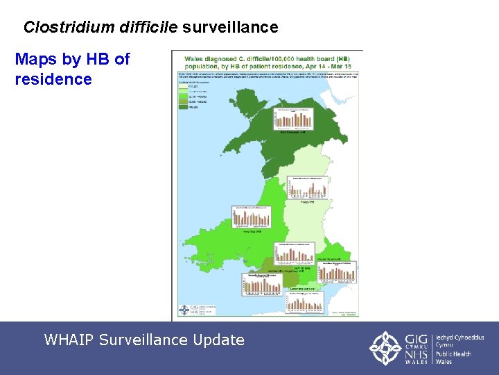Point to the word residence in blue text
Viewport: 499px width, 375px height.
click(x=53, y=79)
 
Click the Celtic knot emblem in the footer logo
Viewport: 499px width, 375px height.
click(x=385, y=348)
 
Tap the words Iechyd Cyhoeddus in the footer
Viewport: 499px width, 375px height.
click(x=460, y=337)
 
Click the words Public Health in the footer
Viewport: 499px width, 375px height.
click(x=453, y=354)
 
